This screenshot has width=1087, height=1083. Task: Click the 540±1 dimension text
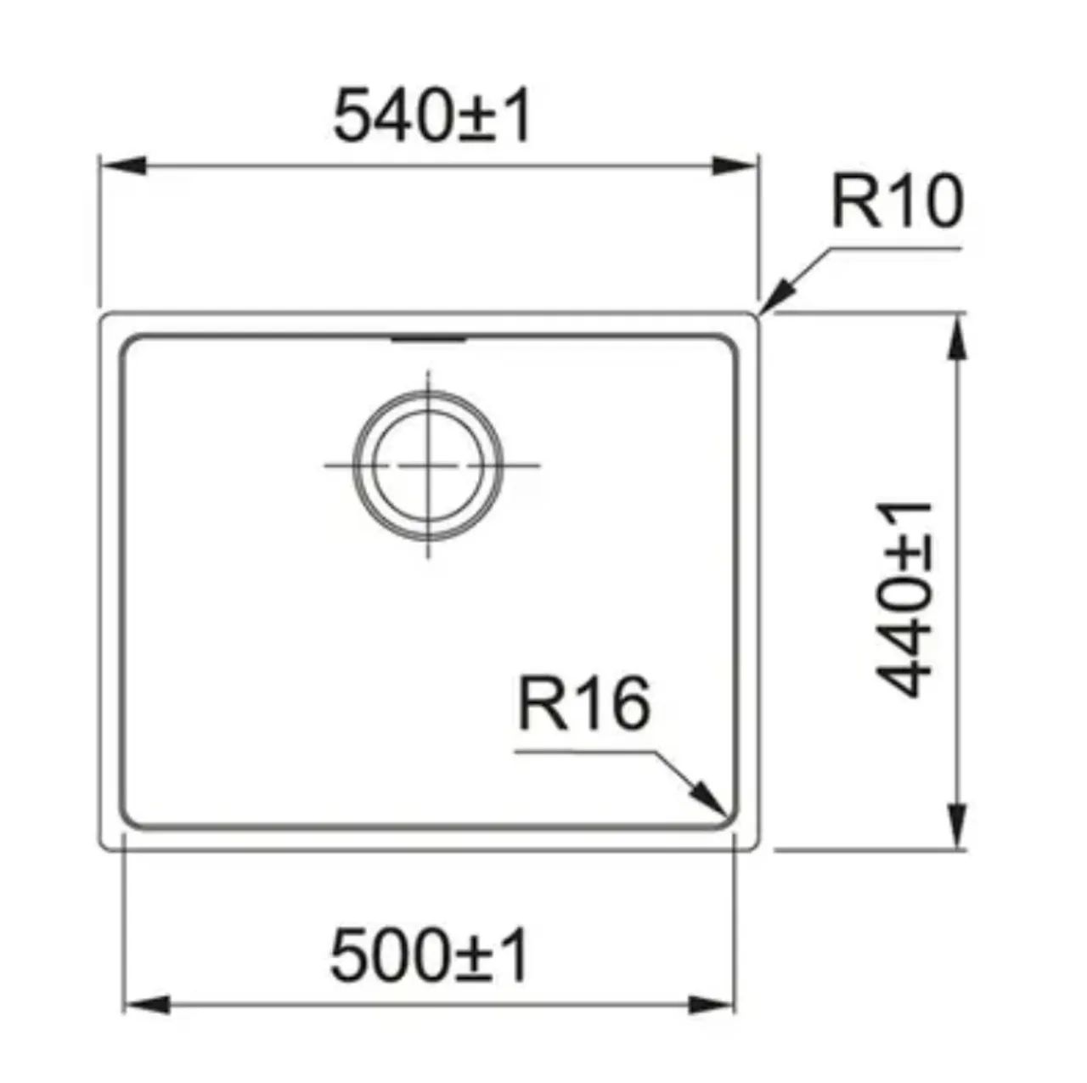pos(431,116)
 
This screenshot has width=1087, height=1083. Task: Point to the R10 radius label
pos(897,200)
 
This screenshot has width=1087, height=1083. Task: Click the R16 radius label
pos(583,702)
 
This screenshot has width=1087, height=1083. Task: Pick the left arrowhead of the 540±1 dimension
pos(123,166)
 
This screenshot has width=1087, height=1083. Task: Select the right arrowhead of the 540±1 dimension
pos(732,166)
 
